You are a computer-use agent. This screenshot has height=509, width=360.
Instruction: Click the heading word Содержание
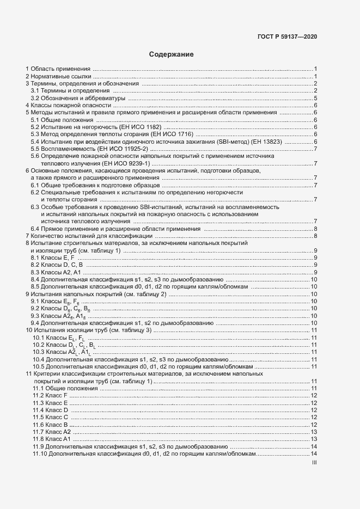pyautogui.click(x=171, y=54)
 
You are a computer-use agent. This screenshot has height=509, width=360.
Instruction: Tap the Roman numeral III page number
pyautogui.click(x=314, y=463)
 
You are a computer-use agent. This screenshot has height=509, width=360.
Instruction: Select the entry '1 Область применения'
pyautogui.click(x=58, y=69)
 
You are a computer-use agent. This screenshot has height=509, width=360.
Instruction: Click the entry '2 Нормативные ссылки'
pyautogui.click(x=58, y=76)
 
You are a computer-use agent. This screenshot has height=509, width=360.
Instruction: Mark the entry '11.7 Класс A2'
pyautogui.click(x=52, y=431)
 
